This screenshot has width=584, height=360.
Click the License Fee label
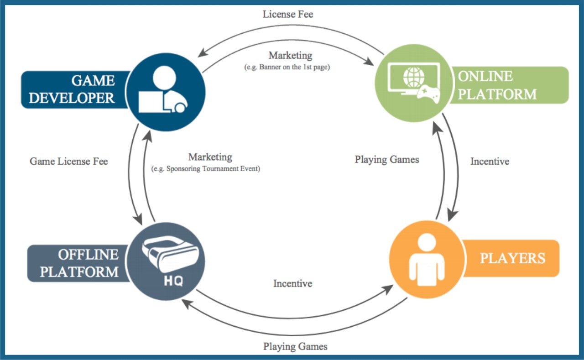(x=288, y=14)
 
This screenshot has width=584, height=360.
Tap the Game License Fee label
(x=69, y=161)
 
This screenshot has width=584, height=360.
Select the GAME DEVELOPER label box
(x=73, y=89)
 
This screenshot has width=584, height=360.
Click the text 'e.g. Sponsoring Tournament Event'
(x=205, y=169)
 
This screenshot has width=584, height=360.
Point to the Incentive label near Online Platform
(x=490, y=161)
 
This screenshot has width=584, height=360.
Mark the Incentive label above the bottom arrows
(x=292, y=283)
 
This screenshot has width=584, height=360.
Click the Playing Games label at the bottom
(x=295, y=346)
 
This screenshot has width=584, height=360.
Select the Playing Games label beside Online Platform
(x=387, y=159)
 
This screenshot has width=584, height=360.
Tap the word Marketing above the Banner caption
(x=290, y=55)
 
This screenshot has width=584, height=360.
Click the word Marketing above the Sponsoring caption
(x=210, y=157)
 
